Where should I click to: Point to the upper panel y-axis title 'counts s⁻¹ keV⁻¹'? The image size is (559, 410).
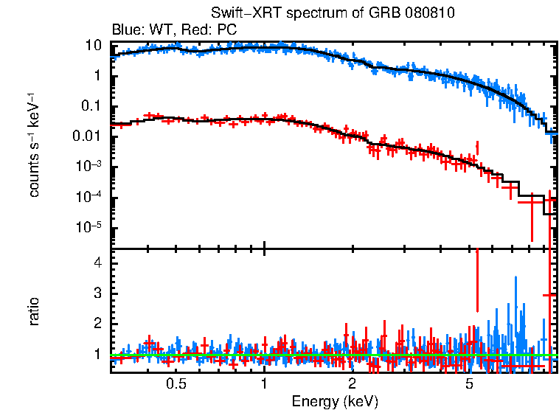[x=34, y=145]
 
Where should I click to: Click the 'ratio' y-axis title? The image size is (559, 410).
[x=34, y=311]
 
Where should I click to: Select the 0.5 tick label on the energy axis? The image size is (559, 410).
[x=176, y=384]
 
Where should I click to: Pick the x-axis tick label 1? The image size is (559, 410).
[x=264, y=384]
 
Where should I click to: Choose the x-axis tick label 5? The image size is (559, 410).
[x=469, y=384]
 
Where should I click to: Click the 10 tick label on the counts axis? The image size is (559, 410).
[x=93, y=46]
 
